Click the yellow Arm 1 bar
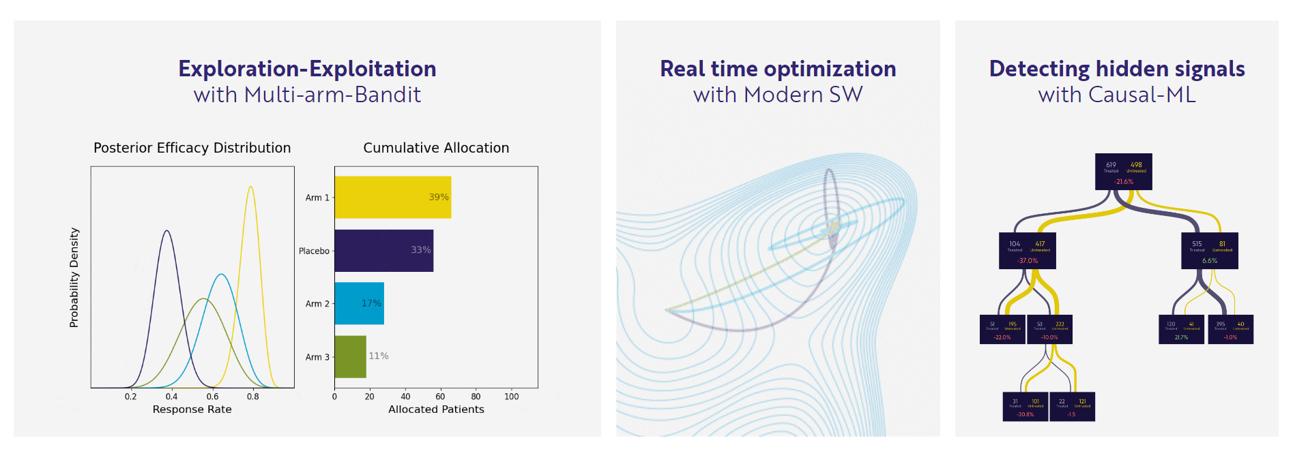pos(392,198)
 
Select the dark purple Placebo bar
pos(383,251)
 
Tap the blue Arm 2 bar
pos(359,303)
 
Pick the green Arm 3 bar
pos(350,356)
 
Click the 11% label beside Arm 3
pos(379,356)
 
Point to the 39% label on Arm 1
pos(438,198)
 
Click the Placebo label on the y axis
pos(314,251)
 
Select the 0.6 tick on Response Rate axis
pos(212,397)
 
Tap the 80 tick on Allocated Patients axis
pos(476,397)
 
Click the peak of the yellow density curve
pos(251,187)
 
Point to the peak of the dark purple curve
pos(166,232)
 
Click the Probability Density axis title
pos(74,277)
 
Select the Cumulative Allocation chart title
pos(436,148)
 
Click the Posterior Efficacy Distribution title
pos(192,148)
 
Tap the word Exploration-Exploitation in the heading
pos(307,69)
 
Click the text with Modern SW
pos(778,95)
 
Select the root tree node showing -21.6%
pos(1123,172)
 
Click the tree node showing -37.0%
pos(1027,251)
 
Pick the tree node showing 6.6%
pos(1209,251)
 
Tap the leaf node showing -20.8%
pos(1025,407)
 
